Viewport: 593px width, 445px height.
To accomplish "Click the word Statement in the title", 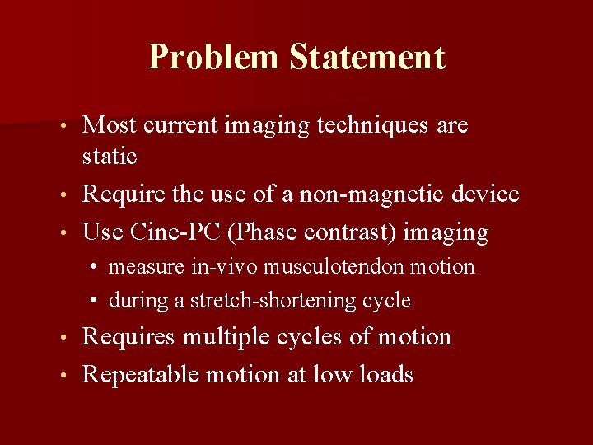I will coord(367,58).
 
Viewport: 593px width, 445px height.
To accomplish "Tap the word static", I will coord(110,155).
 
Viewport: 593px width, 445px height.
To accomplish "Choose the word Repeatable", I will coord(141,375).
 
